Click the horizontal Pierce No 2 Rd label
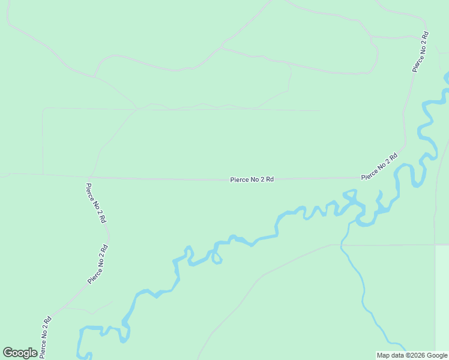[252, 179]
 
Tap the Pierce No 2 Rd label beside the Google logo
[46, 337]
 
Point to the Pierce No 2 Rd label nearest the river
[379, 167]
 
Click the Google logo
[20, 353]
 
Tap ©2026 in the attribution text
[418, 355]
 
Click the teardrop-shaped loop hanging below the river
[217, 259]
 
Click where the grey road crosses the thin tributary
[342, 245]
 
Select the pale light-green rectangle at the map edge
[441, 300]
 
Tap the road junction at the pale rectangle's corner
[435, 245]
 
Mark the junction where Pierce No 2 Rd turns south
[89, 178]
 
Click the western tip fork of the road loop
[94, 76]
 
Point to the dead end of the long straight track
[319, 110]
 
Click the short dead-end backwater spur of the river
[379, 194]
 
